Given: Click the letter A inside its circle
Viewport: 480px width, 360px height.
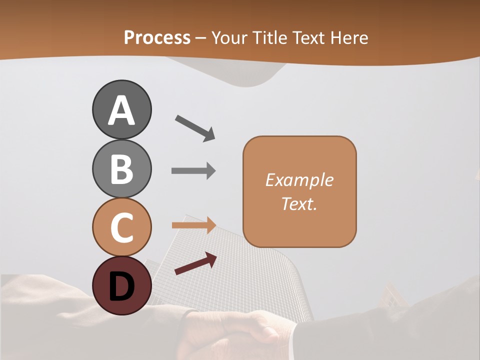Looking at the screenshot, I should pyautogui.click(x=121, y=111).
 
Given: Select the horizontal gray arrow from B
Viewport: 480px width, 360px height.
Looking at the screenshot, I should pyautogui.click(x=193, y=171).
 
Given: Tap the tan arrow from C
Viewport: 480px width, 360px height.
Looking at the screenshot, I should pyautogui.click(x=193, y=225).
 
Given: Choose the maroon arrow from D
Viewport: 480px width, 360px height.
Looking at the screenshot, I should pyautogui.click(x=195, y=263).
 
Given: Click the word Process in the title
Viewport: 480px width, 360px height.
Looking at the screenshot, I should pyautogui.click(x=157, y=37).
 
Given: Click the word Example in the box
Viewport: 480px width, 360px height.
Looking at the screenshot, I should pyautogui.click(x=299, y=180).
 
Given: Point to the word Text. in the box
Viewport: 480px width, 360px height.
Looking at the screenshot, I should pyautogui.click(x=299, y=203).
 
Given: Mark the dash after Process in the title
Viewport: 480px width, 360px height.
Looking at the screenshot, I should pyautogui.click(x=201, y=38).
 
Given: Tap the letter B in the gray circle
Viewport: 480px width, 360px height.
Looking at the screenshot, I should pyautogui.click(x=121, y=169).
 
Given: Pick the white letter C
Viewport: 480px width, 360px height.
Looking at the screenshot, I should pyautogui.click(x=121, y=227).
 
